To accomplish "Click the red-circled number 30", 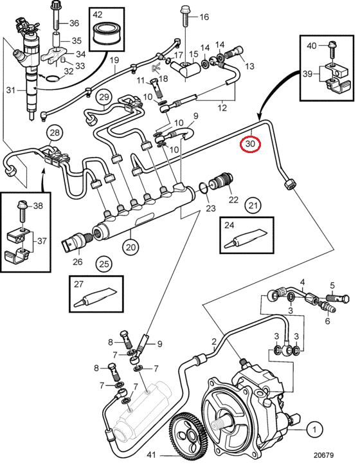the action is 250,144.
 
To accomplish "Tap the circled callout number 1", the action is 314,429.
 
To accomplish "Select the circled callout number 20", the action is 130,247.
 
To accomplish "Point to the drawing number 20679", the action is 324,455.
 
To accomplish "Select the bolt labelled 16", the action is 185,17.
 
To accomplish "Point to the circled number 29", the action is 104,97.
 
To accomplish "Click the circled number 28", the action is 55,132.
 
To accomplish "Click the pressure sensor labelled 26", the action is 77,241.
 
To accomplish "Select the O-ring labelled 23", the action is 203,188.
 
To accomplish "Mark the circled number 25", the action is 104,264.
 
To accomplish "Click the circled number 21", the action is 253,205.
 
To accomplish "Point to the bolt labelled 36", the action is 56,15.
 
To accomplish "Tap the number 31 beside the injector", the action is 11,89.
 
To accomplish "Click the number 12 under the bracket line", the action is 222,107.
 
